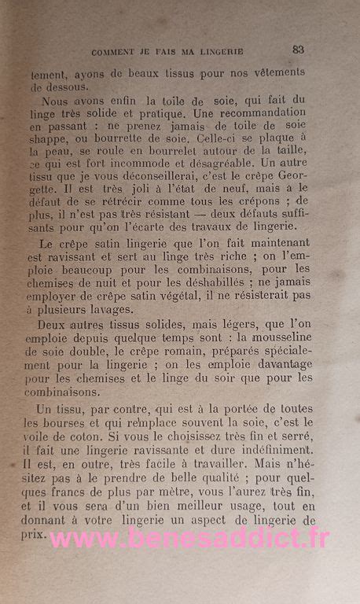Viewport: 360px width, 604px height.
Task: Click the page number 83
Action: pyautogui.click(x=298, y=49)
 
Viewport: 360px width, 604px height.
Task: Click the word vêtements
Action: pyautogui.click(x=276, y=72)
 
